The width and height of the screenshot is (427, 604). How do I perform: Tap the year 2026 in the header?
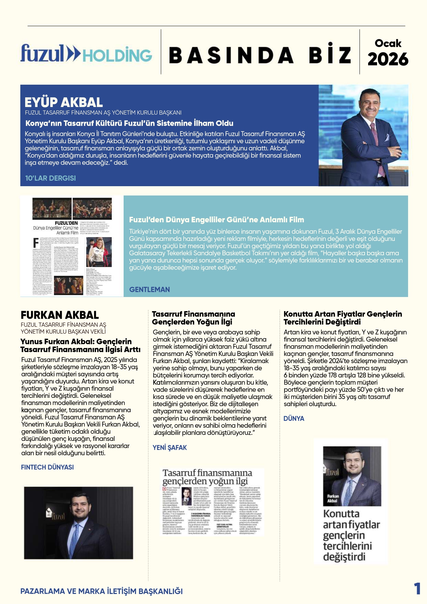[x=388, y=60]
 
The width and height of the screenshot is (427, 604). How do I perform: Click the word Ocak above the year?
[x=388, y=43]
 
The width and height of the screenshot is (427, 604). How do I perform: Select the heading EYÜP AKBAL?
[x=64, y=102]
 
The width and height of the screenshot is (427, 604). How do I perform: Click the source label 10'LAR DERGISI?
[x=50, y=178]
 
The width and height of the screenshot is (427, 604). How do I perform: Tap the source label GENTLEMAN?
[x=149, y=289]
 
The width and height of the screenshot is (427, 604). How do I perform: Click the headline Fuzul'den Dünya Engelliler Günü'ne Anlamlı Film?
[x=216, y=220]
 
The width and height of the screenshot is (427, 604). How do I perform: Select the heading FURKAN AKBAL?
[x=60, y=315]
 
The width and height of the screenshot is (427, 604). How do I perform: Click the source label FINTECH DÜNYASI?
[x=47, y=467]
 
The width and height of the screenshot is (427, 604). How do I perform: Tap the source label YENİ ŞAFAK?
[x=170, y=447]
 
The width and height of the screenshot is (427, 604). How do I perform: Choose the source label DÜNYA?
[x=294, y=418]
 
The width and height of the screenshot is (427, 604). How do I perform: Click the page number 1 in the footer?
[x=417, y=589]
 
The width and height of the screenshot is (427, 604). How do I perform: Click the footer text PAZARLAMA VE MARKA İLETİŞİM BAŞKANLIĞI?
[x=102, y=591]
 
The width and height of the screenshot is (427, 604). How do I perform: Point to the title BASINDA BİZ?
[x=260, y=55]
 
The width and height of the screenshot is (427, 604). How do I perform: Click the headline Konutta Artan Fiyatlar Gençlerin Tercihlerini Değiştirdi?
[x=343, y=318]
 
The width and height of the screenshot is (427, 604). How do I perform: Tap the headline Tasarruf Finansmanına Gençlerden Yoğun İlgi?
[x=194, y=318]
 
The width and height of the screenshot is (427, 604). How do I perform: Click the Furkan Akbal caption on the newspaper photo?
[x=332, y=498]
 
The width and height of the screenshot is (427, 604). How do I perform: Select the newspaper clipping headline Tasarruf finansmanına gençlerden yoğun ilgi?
[x=207, y=477]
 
